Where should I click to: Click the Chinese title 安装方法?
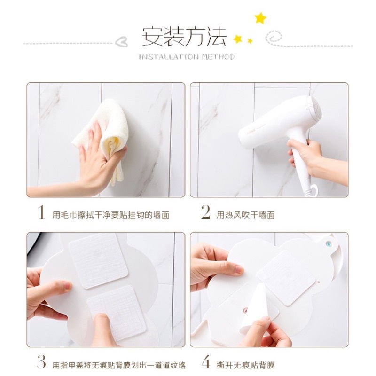coord(184,37)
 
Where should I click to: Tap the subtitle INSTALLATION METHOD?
coord(187,57)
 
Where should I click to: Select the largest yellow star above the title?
coord(260,18)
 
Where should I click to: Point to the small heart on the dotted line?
coord(121,41)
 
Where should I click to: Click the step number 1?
coord(41,213)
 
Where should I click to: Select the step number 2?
coord(205,213)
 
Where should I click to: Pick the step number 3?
coord(41,363)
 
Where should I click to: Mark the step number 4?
coord(205,363)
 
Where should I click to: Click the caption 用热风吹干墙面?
coord(245,215)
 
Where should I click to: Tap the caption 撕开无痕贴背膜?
coord(245,365)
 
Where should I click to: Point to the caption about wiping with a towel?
coord(110,215)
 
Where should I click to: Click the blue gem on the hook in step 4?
coord(327,244)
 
